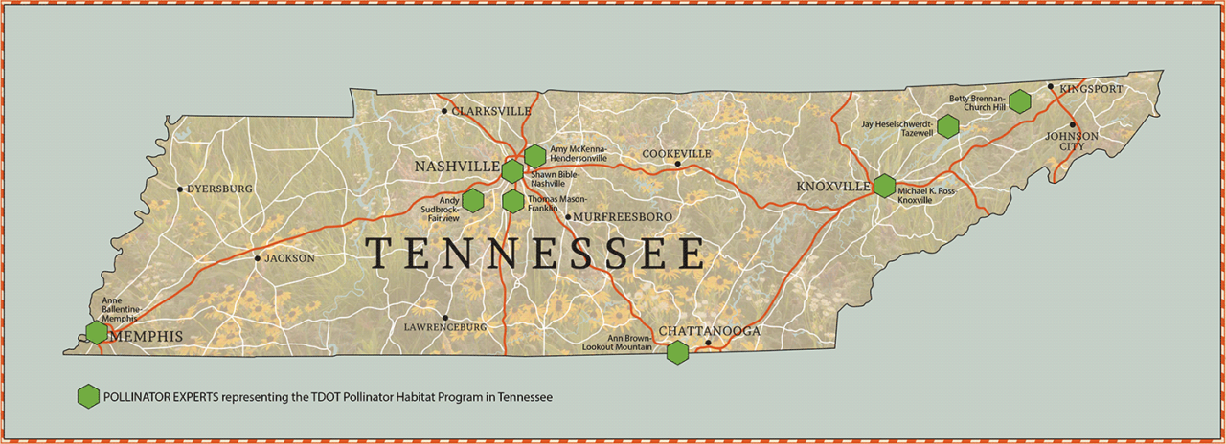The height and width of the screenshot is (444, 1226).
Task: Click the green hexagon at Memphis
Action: tap(97, 332)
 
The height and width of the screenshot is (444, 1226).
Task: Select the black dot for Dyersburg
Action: tap(180, 189)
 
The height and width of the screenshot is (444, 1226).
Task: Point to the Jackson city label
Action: tap(289, 258)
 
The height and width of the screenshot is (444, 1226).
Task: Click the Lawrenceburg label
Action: tap(445, 327)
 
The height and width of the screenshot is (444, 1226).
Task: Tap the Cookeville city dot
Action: tap(677, 164)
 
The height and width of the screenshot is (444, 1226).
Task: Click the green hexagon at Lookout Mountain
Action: tap(678, 352)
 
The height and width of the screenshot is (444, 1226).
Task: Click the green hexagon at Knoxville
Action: tap(884, 186)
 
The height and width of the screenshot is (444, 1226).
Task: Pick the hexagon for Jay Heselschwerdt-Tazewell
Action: tap(948, 125)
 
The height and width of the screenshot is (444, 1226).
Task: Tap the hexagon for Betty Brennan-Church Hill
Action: tap(1020, 100)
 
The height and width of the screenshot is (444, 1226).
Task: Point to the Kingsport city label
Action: tap(1090, 88)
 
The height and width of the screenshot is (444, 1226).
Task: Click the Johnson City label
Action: tap(1071, 142)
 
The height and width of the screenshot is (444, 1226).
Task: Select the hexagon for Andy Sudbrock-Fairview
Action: tap(472, 200)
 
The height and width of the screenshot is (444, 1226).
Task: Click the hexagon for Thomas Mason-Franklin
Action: tap(513, 201)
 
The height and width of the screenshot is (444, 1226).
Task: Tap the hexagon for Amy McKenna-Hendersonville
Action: tap(535, 155)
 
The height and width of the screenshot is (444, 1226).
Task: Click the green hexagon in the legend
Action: tap(88, 395)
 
